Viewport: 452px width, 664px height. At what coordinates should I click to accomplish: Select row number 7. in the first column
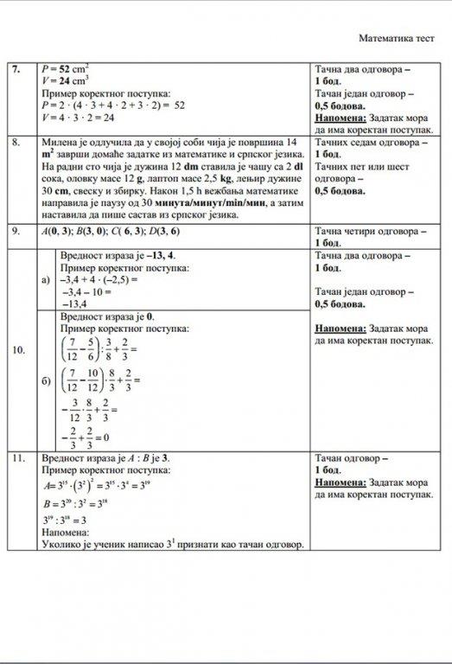[x=16, y=67]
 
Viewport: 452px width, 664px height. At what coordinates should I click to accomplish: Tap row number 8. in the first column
[x=16, y=142]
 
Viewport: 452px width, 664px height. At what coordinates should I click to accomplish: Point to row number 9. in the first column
[x=16, y=233]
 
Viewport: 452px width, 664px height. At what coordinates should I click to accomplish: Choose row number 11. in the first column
[x=18, y=456]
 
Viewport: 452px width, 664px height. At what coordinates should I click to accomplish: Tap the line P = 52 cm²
[x=65, y=67]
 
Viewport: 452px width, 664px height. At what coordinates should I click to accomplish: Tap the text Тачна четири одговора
[x=370, y=233]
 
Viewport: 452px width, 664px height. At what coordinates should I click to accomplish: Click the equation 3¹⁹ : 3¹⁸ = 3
[x=66, y=519]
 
